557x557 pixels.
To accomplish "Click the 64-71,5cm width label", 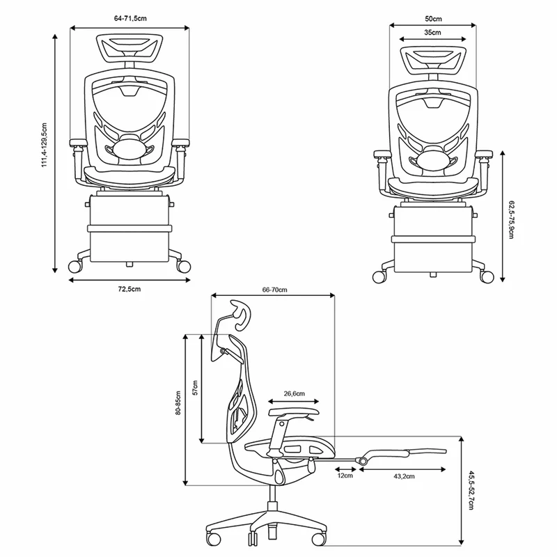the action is tap(130, 19).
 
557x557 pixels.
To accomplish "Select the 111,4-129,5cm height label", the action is tap(45, 145).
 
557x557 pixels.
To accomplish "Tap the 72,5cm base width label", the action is tap(130, 289).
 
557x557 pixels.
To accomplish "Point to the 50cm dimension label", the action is tap(433, 19).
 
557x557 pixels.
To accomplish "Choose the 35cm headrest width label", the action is tap(432, 32).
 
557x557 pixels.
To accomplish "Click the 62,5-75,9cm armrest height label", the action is tap(511, 219).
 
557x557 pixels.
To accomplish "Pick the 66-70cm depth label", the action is tap(274, 290).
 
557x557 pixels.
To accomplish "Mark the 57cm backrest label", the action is tap(195, 387).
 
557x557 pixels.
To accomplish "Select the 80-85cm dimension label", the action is tap(178, 403).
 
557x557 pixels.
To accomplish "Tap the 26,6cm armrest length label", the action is tap(294, 393).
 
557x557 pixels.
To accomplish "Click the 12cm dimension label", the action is tap(345, 476).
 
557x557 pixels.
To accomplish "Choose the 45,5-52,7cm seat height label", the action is tap(471, 491).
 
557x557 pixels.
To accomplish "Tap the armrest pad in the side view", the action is tap(294, 412).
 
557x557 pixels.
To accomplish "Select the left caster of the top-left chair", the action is tap(75, 267).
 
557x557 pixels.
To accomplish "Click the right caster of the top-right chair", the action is tap(487, 276).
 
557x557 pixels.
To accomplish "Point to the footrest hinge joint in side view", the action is tap(363, 461).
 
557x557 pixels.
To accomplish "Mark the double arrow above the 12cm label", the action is tap(345, 469).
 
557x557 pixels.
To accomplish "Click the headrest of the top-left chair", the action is tap(127, 49).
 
